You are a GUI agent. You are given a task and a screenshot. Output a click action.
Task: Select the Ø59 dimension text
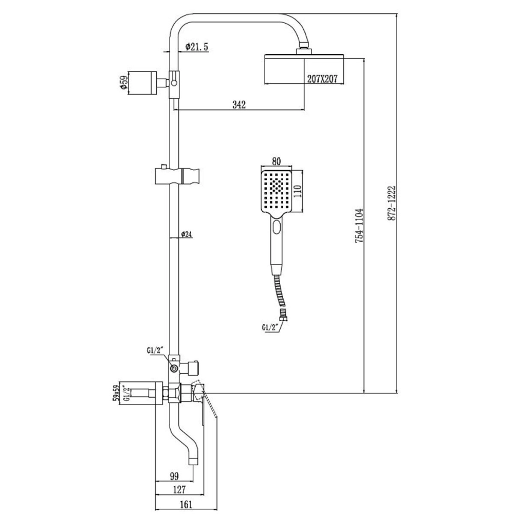pos(123,83)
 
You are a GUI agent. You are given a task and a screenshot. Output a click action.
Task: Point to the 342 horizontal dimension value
pos(239,104)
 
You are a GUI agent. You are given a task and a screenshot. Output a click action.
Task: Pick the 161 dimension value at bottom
pos(186,505)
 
